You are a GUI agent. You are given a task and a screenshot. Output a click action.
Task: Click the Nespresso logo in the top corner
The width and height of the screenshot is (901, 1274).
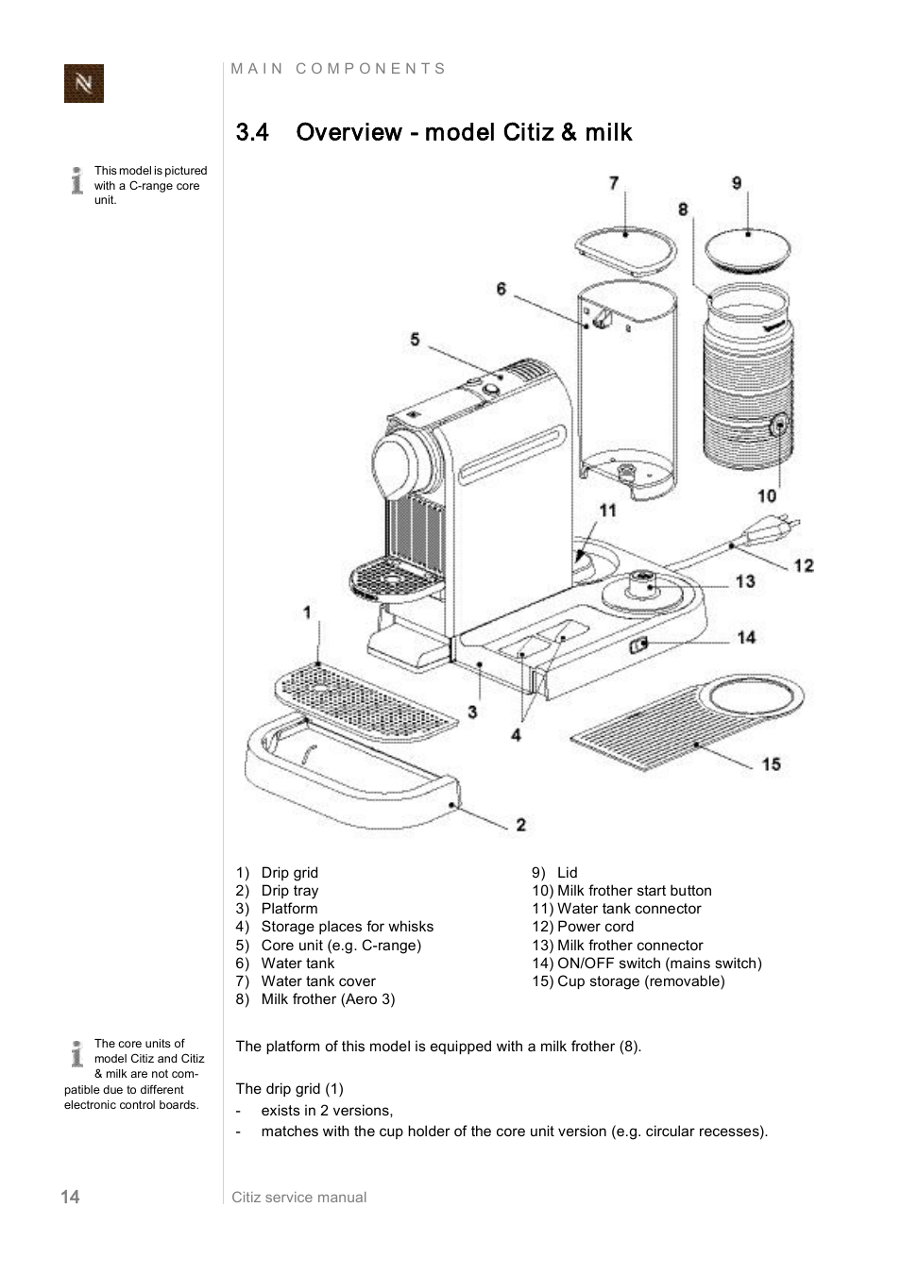pyautogui.click(x=84, y=84)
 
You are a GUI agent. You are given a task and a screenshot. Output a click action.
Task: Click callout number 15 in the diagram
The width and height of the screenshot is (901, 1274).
pyautogui.click(x=772, y=764)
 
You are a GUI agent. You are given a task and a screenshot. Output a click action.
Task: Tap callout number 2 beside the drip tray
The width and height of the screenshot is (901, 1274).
pyautogui.click(x=520, y=825)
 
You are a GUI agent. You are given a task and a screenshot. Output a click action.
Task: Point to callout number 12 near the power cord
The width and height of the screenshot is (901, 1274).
pyautogui.click(x=803, y=565)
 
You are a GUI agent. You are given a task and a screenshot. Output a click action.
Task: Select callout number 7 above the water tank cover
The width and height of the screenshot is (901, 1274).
pyautogui.click(x=614, y=183)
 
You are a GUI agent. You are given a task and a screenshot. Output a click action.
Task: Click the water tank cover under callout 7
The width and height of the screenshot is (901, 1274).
pyautogui.click(x=625, y=248)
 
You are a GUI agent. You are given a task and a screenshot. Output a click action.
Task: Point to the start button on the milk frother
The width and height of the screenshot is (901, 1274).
pyautogui.click(x=779, y=426)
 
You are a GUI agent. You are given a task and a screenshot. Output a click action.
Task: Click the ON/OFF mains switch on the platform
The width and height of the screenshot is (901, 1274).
pyautogui.click(x=639, y=645)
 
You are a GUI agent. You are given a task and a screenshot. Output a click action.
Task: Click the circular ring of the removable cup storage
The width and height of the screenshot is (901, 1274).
pyautogui.click(x=751, y=698)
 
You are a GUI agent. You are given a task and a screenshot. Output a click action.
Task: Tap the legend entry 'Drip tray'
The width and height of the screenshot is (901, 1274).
pyautogui.click(x=289, y=891)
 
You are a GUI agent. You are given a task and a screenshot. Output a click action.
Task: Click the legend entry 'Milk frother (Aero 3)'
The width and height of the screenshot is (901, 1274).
pyautogui.click(x=328, y=999)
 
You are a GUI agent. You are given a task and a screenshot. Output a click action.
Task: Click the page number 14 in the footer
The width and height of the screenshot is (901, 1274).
pyautogui.click(x=70, y=1198)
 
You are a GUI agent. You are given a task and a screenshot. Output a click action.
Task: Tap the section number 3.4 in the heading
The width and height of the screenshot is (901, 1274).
pyautogui.click(x=253, y=132)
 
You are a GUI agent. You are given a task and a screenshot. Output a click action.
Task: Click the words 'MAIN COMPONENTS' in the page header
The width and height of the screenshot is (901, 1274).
pyautogui.click(x=338, y=69)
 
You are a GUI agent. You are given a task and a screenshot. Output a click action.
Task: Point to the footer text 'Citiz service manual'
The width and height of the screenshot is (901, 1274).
pyautogui.click(x=298, y=1198)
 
